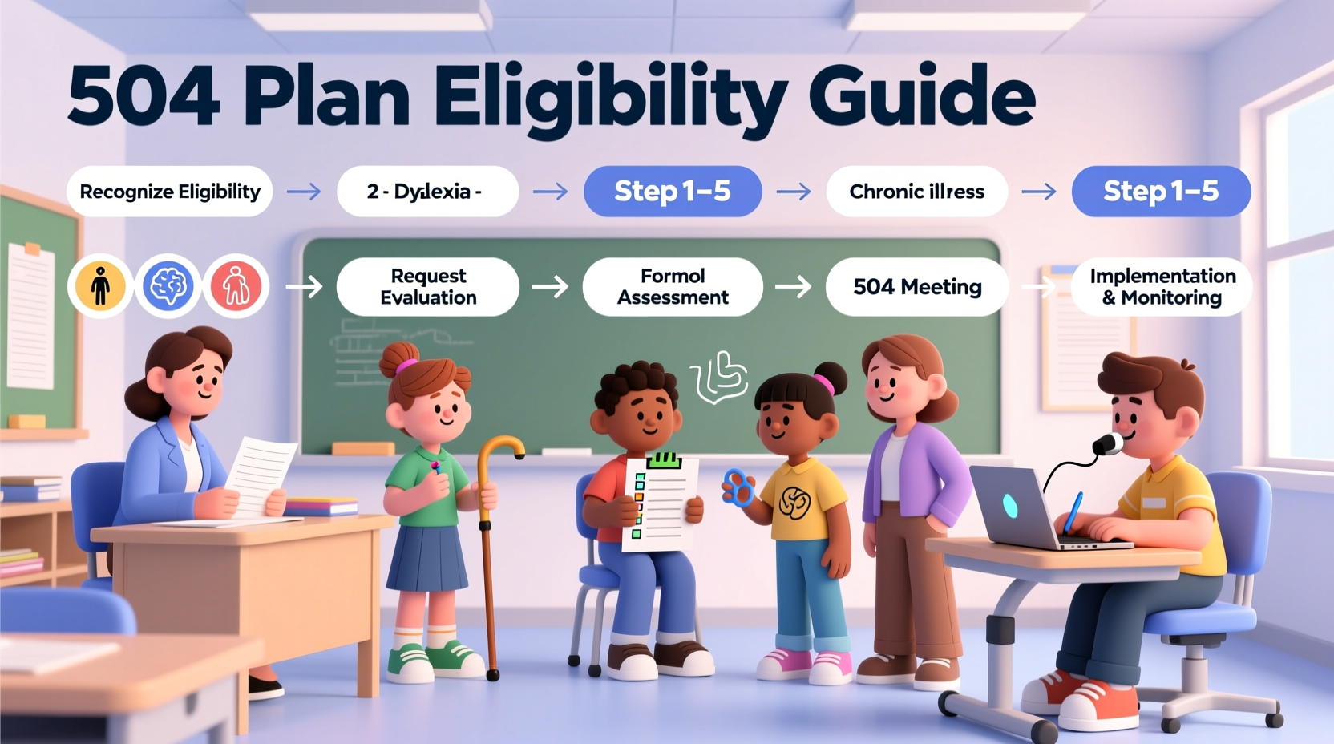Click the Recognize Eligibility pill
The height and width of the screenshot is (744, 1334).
170,192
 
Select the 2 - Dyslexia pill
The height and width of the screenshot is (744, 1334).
427,192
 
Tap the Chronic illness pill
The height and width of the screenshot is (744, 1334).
916,192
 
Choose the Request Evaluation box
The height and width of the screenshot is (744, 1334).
428,287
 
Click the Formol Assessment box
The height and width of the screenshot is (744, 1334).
673,287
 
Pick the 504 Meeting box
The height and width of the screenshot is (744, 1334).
917,287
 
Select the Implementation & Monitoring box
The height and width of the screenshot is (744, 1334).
1162,287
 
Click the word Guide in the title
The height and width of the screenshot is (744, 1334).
922,96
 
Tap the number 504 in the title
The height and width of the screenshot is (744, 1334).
144,96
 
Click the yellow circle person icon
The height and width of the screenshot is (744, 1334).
100,286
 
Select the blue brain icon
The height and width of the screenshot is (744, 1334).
168,286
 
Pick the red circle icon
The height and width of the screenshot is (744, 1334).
236,286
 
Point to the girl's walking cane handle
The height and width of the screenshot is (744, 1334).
501,447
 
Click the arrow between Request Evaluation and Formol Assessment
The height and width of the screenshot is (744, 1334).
550,287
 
